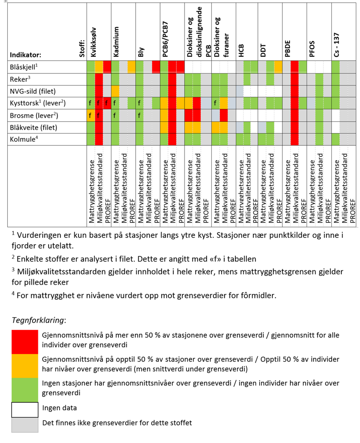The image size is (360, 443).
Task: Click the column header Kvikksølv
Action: click(93, 42)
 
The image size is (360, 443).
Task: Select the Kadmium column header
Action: click(117, 42)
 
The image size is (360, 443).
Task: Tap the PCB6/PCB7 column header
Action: click(165, 39)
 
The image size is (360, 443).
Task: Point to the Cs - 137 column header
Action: click(337, 44)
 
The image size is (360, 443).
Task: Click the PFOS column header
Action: click(312, 49)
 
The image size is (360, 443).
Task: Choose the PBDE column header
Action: click(288, 49)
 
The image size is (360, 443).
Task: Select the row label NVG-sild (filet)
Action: click(33, 91)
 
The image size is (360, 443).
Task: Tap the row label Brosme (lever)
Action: click(34, 115)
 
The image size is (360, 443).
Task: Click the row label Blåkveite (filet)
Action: click(33, 127)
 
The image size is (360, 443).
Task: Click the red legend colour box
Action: click(25, 342)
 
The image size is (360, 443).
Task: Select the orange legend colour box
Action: click(25, 366)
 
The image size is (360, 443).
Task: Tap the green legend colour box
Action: click(25, 390)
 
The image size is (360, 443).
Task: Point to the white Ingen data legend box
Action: click(25, 410)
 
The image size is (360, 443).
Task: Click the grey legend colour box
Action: click(25, 425)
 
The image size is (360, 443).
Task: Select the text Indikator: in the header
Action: click(25, 55)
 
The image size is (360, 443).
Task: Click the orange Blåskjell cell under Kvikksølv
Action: click(99, 67)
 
